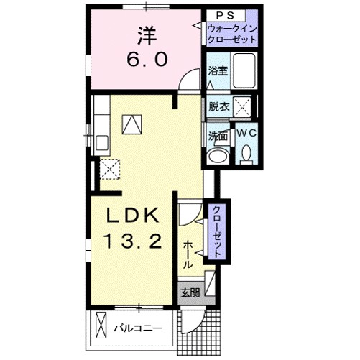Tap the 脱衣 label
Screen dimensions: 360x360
(218, 106)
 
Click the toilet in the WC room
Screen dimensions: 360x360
(246, 153)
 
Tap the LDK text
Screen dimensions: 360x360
(132, 215)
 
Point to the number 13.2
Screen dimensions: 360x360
(132, 241)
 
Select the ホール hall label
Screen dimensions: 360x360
(188, 254)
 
